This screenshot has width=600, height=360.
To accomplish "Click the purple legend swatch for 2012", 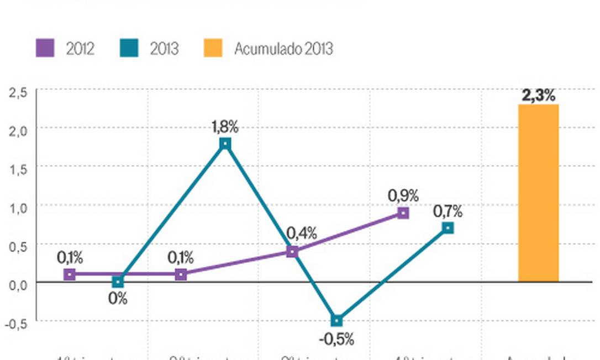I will click(45, 48).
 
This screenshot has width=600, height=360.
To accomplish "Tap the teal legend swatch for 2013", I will click(128, 48).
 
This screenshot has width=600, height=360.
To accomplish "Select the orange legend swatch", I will click(213, 48).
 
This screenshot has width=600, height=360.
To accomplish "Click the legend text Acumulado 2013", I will click(283, 49).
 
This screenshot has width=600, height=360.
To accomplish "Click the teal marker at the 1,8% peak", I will click(225, 144).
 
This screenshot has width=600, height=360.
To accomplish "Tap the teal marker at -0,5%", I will click(336, 321).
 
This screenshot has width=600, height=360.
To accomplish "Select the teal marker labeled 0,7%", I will click(448, 228).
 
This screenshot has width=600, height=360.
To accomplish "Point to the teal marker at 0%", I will click(118, 282).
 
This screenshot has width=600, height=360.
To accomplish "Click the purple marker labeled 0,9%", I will click(403, 213).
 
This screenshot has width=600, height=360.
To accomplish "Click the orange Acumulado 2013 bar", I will click(538, 193).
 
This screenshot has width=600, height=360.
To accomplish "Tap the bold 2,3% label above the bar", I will click(538, 96).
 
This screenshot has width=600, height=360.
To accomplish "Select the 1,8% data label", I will click(225, 126).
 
